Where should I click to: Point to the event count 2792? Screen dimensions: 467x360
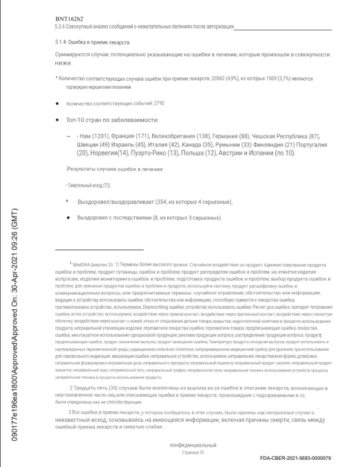(157, 104)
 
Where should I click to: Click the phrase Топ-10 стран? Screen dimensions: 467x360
(83, 120)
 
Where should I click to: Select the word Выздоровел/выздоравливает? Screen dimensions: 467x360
(112, 201)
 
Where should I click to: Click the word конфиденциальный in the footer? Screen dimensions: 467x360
(193, 445)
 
